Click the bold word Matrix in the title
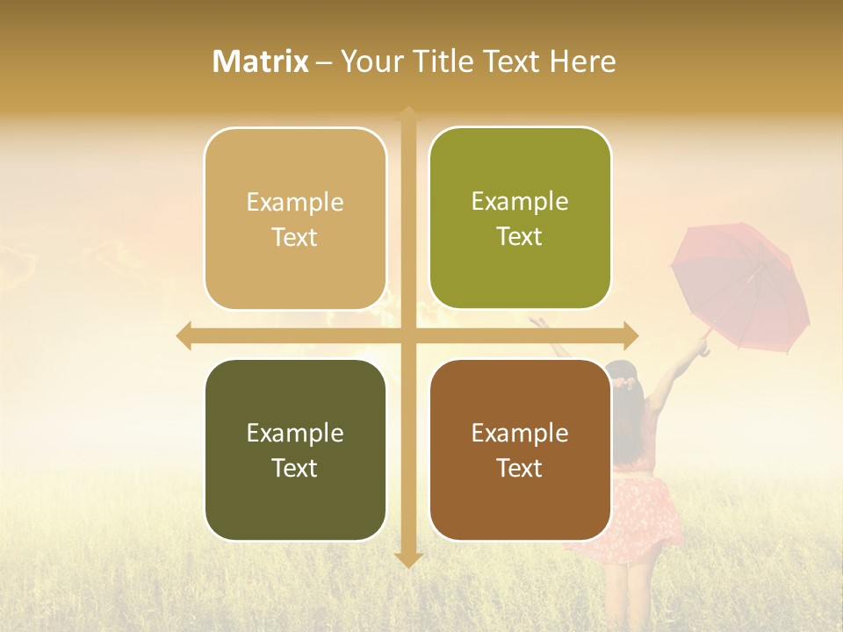[261, 61]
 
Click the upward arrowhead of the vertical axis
[408, 113]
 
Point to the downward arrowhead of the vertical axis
[408, 559]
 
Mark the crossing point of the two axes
[408, 335]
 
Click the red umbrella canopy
[742, 281]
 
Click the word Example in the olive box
[520, 201]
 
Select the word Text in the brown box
[520, 468]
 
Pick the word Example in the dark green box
[295, 433]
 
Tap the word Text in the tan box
[295, 238]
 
